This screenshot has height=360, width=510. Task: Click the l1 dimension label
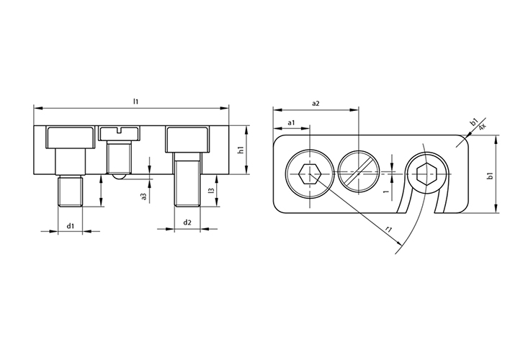136,102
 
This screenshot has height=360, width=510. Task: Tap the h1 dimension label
241,150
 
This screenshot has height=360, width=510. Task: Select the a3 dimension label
144,197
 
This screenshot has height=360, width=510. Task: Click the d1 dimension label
71,225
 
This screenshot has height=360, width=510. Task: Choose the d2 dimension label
187,222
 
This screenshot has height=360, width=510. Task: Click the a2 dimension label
316,104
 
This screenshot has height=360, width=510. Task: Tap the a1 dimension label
292,122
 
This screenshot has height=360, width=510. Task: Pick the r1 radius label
388,230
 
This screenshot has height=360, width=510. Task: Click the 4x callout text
483,127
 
